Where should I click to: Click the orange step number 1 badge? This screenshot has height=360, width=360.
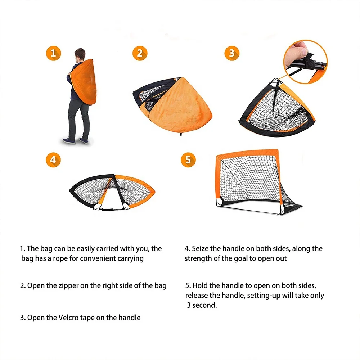(53, 54)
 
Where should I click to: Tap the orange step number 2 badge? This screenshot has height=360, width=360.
(140, 54)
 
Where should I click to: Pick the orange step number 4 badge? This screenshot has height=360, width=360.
(53, 159)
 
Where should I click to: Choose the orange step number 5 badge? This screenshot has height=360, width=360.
(188, 159)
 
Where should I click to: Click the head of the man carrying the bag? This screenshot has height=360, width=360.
(80, 55)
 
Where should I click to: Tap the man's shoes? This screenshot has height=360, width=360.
(76, 140)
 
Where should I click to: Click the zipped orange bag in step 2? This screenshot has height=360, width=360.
(173, 104)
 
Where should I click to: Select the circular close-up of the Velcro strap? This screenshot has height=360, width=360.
(305, 58)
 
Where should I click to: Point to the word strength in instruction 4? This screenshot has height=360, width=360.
(198, 258)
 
